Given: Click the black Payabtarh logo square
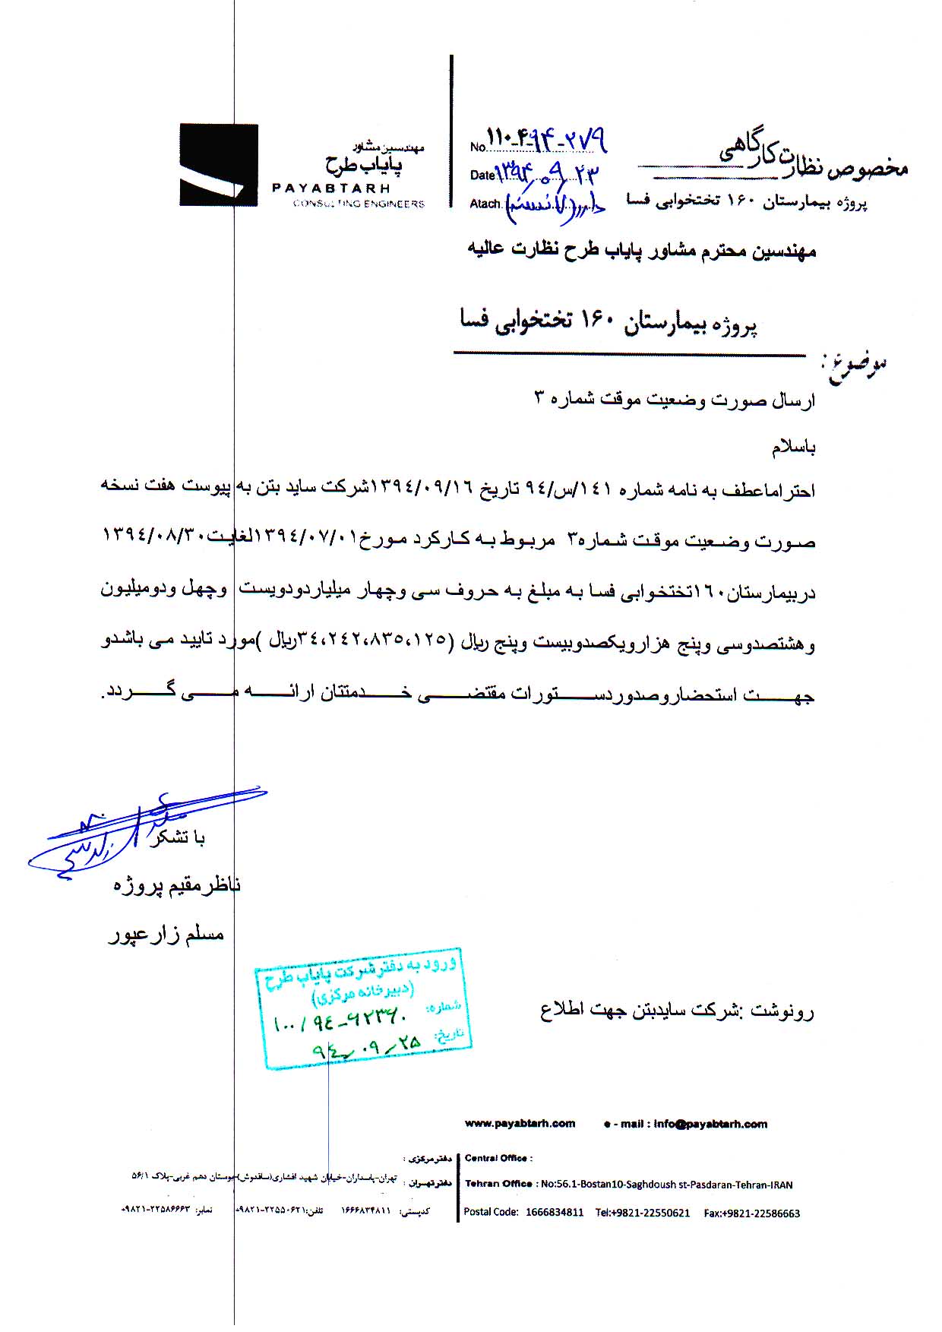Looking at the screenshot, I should click(219, 165).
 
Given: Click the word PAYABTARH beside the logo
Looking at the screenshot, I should click(330, 188).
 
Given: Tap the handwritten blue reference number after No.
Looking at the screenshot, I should click(547, 140).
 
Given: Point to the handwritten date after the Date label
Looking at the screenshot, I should click(547, 173).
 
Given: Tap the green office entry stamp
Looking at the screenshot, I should click(363, 1007).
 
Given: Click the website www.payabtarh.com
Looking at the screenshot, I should click(520, 1123).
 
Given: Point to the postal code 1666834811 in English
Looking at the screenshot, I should click(555, 1213).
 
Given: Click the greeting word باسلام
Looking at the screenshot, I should click(793, 448).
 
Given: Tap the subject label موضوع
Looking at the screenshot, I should click(855, 368).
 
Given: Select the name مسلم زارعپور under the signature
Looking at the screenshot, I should click(166, 935).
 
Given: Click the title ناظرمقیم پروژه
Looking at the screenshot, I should click(177, 886).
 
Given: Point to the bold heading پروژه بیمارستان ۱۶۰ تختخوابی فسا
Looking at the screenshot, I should click(609, 324).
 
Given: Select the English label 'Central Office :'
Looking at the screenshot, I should click(498, 1158).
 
